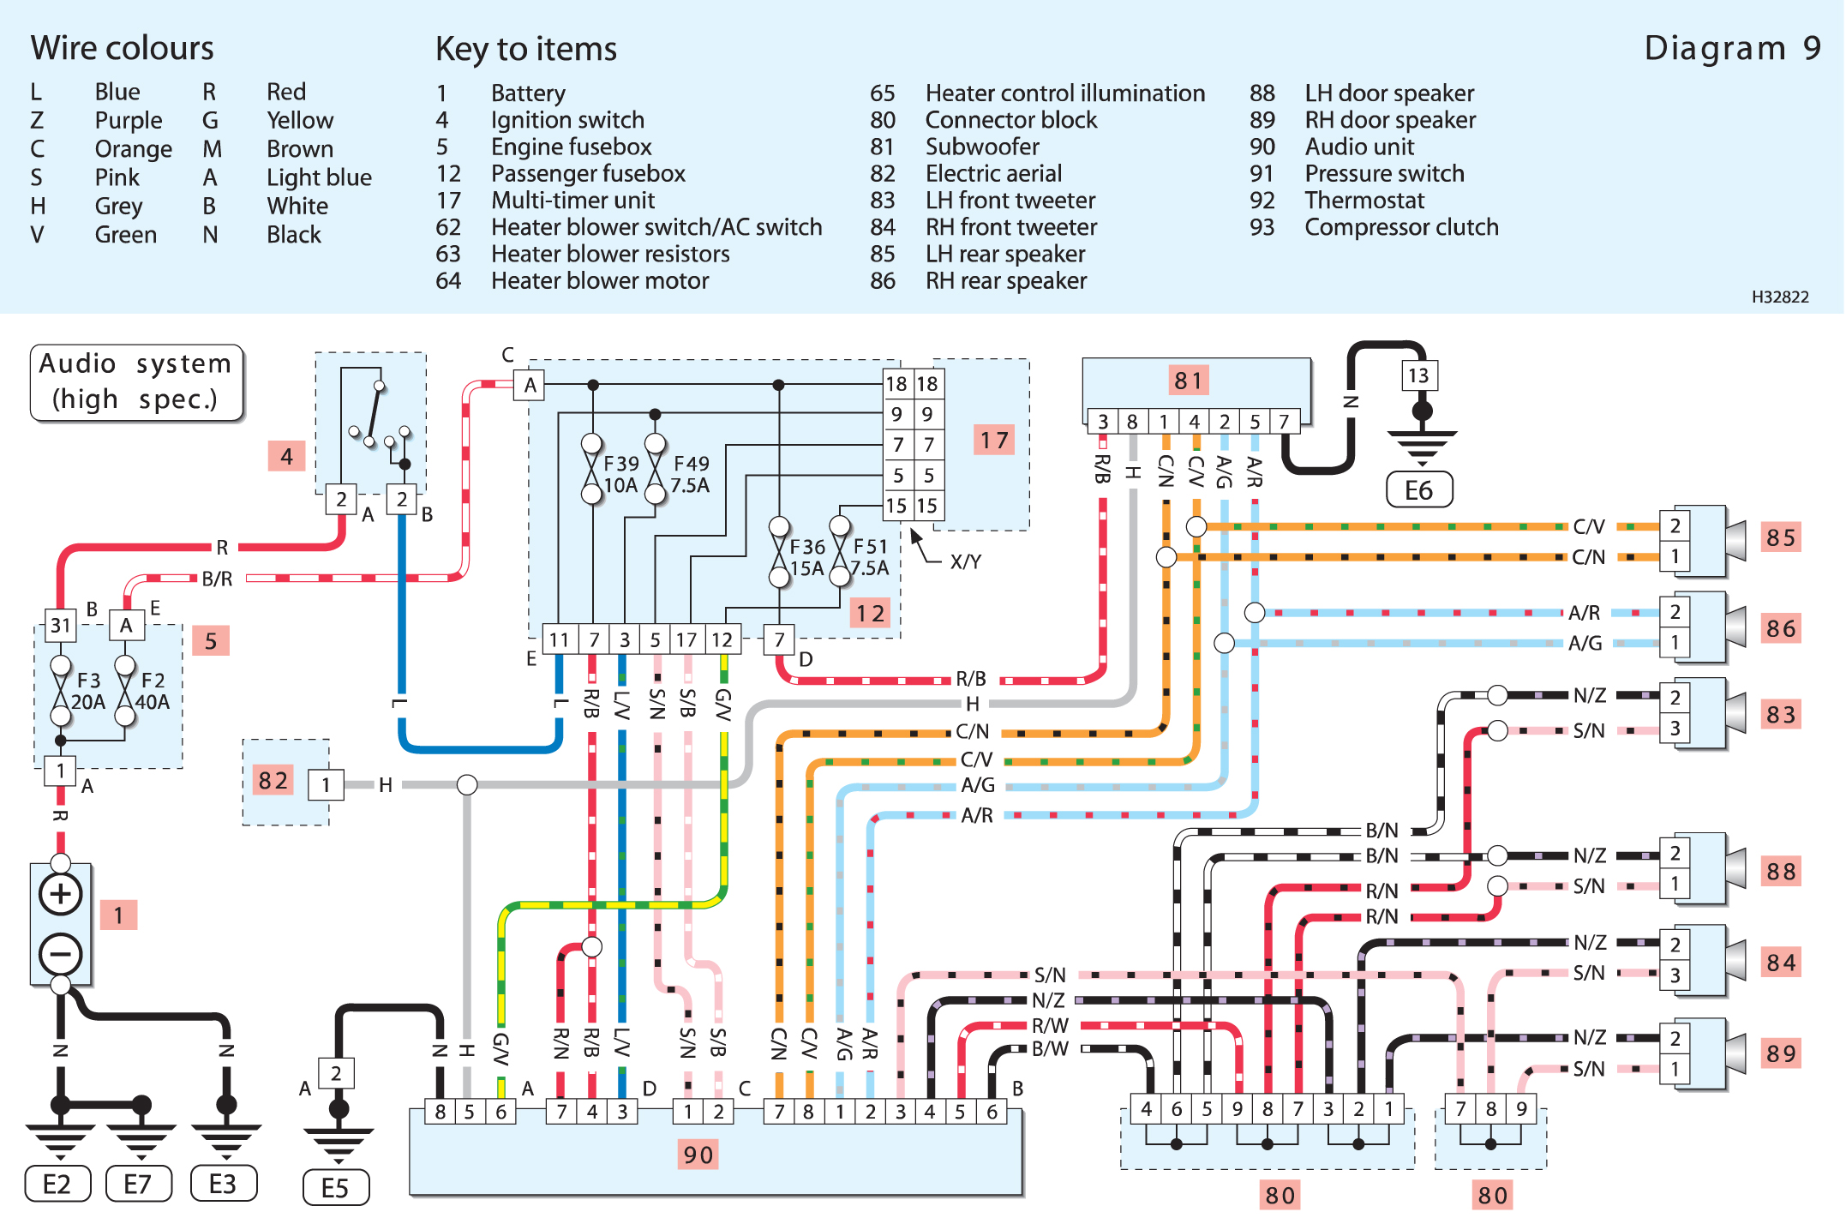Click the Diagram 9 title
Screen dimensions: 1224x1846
point(1731,48)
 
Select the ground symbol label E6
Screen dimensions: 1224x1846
point(1419,490)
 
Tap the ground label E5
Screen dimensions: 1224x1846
point(335,1188)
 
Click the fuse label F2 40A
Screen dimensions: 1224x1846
point(153,691)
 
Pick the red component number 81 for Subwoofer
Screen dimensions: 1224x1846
point(1189,380)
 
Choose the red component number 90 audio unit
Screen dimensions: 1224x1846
point(698,1155)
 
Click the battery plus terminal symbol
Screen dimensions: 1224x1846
point(60,894)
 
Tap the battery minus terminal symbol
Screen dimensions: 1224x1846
point(60,954)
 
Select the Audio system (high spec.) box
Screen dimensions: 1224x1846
point(136,381)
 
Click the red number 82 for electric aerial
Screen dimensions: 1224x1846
point(273,780)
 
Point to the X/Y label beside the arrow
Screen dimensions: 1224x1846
point(965,561)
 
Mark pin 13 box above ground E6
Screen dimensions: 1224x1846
point(1419,375)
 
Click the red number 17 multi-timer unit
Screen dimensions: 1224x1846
point(994,441)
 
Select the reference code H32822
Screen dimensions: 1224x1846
point(1779,297)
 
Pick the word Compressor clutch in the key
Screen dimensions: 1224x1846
point(1401,227)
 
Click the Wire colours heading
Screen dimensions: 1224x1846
point(122,48)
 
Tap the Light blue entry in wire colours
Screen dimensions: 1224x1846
point(319,177)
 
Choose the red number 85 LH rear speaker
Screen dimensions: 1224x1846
point(1780,537)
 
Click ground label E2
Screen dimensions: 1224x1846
point(57,1184)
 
